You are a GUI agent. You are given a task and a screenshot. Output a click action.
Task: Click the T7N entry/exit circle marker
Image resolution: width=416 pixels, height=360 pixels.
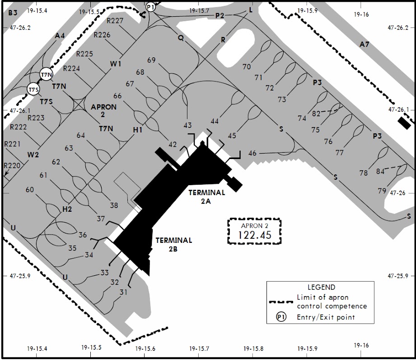point(47,74)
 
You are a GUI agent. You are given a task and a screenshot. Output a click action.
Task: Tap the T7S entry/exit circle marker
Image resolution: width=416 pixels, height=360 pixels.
point(34,90)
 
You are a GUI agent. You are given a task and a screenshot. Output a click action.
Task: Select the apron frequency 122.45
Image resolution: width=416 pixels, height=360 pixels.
point(255,235)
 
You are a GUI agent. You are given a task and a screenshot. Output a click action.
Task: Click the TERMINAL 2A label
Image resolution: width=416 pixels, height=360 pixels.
point(207,197)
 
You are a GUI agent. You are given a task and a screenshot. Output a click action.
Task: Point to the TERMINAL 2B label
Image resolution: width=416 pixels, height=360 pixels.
point(173,244)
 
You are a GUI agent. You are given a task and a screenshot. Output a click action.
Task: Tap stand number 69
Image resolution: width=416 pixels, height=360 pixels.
point(151,60)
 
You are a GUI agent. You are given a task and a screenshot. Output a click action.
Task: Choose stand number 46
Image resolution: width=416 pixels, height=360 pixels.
point(252,153)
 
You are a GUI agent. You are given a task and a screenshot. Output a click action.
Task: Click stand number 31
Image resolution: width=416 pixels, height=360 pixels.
point(123,292)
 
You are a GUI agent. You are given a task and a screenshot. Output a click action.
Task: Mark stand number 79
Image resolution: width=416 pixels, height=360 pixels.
point(382,191)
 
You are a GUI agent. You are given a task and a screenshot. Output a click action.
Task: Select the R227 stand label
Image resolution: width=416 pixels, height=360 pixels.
point(115,21)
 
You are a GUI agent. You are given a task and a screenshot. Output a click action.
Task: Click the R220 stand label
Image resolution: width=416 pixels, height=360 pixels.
point(12,165)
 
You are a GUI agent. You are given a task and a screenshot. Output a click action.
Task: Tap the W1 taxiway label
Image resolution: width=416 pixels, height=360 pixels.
point(116,64)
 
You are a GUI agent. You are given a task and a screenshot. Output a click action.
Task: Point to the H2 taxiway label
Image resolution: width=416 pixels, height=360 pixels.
point(67,209)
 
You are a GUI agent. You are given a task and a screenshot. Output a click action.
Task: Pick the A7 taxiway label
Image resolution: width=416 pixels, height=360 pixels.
point(364,44)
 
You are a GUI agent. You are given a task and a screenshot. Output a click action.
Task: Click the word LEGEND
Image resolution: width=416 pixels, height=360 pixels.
point(321,287)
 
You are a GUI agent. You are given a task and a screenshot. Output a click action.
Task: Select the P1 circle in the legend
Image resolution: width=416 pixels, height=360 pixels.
point(281,317)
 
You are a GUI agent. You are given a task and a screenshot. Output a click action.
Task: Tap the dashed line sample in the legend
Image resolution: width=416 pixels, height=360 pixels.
point(281,302)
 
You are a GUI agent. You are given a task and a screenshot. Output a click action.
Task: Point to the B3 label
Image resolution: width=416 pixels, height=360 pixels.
point(13,13)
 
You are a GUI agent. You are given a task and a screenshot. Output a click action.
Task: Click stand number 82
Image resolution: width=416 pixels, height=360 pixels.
point(316,114)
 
